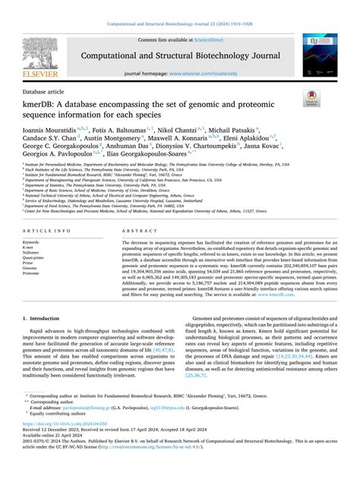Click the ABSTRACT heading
pyautogui.click(x=137, y=209)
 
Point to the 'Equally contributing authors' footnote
pyautogui.click(x=64, y=437)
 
